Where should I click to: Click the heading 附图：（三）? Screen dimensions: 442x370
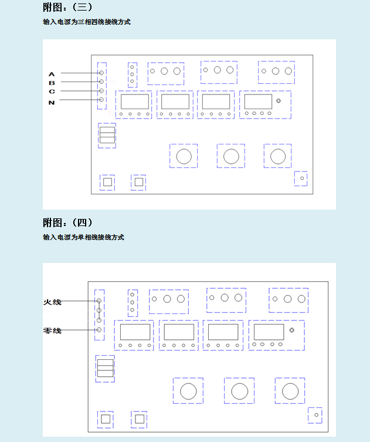coord(67,7)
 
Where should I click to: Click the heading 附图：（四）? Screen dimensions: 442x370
coord(67,223)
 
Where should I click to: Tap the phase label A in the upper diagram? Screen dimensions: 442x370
coord(52,74)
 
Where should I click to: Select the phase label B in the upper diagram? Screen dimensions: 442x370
coord(52,83)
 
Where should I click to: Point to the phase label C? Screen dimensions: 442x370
coord(52,92)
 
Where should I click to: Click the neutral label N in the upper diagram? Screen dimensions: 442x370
coord(52,102)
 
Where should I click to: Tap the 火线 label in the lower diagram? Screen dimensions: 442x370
coord(52,302)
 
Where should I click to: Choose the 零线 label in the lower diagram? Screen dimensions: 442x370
coord(52,330)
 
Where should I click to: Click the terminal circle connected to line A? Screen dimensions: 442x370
coord(101,73)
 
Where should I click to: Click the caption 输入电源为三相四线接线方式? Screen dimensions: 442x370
coord(86,22)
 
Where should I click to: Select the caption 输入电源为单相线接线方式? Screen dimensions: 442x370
coord(83,238)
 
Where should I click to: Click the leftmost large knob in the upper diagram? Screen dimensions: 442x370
coord(184,156)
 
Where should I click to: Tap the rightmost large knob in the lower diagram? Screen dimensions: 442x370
coord(290,391)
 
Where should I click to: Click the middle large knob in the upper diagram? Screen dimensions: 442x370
coord(231,156)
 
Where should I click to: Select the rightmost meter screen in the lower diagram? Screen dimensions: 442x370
coord(269,332)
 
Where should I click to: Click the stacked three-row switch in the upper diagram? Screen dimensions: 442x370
coord(107,135)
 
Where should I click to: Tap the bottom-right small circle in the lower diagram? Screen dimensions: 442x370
coord(316,415)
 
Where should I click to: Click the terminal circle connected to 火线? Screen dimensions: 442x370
coord(99,302)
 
